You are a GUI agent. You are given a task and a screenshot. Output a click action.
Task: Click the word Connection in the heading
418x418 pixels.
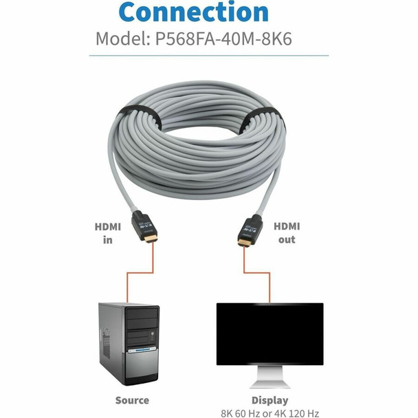[194, 12]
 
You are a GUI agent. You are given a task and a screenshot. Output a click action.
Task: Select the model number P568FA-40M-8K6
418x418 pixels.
[223, 39]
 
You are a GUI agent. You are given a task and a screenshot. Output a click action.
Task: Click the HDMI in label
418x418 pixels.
[108, 234]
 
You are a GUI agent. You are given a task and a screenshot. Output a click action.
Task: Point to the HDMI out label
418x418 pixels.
[287, 233]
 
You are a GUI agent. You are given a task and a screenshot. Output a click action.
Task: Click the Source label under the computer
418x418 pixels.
[132, 400]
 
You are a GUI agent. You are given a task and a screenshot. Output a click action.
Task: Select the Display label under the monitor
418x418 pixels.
[269, 401]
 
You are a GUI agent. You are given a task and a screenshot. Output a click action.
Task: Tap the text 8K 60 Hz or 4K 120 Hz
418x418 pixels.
[269, 413]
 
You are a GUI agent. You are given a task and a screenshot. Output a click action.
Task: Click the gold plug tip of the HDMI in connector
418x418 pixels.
[151, 238]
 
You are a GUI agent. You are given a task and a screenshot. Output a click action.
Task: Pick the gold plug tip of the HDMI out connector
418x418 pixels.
[245, 242]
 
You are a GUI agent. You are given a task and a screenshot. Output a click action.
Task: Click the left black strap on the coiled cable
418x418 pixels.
[140, 115]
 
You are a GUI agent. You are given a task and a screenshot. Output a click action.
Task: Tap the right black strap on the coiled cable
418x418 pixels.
[263, 118]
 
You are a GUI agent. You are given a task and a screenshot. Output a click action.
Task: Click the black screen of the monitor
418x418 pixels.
[269, 334]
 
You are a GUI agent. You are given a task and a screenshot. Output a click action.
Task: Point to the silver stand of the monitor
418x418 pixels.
[269, 377]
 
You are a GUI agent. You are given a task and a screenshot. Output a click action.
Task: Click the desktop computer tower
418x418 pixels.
[129, 344]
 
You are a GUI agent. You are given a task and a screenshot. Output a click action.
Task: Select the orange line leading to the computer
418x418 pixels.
[140, 273]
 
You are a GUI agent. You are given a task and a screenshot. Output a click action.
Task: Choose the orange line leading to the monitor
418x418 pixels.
[256, 273]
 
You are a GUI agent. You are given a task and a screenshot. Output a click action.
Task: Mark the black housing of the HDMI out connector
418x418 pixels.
[251, 227]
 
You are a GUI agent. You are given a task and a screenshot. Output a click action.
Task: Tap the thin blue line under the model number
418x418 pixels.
[209, 56]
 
